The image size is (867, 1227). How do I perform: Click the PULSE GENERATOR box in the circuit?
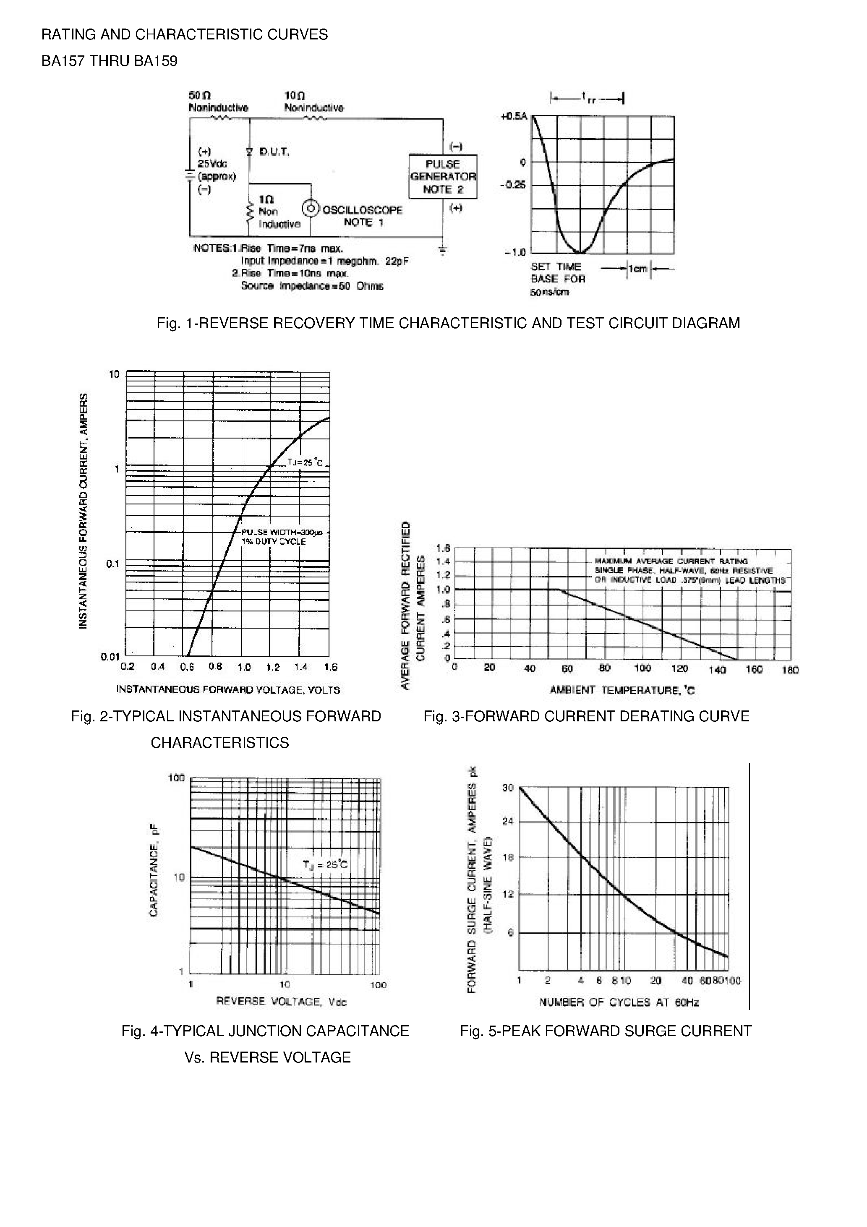coord(443,176)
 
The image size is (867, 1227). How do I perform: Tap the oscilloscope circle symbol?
coord(311,209)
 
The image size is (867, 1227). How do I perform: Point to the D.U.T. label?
coord(274,152)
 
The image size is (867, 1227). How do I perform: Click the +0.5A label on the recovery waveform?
coord(514,116)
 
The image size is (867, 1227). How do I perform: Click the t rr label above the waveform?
coord(588,98)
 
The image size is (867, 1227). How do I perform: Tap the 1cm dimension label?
coord(638,269)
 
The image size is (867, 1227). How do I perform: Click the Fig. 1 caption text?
coord(448,323)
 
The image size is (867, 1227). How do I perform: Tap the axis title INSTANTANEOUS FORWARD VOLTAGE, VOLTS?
coord(228,690)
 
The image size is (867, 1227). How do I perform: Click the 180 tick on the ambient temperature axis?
coord(790,670)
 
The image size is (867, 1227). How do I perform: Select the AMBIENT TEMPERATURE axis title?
coord(622,690)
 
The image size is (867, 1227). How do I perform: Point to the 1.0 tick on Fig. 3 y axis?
coord(443,590)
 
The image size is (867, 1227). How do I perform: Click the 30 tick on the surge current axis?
coord(508,788)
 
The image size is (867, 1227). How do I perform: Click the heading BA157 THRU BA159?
coord(110,61)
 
